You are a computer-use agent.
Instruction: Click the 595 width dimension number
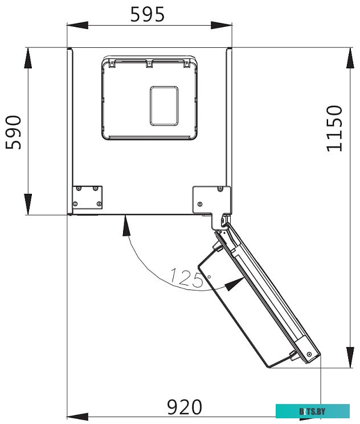pyautogui.click(x=148, y=14)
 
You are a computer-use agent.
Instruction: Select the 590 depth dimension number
pyautogui.click(x=14, y=132)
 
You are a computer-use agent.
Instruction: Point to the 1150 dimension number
pyautogui.click(x=335, y=128)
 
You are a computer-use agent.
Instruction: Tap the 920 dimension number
pyautogui.click(x=184, y=407)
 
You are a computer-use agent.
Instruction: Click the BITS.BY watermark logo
pyautogui.click(x=312, y=411)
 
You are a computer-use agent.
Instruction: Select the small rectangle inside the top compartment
pyautogui.click(x=164, y=105)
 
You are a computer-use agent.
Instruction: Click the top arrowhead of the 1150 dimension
pyautogui.click(x=349, y=57)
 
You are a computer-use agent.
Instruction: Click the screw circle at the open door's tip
pyautogui.click(x=309, y=354)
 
